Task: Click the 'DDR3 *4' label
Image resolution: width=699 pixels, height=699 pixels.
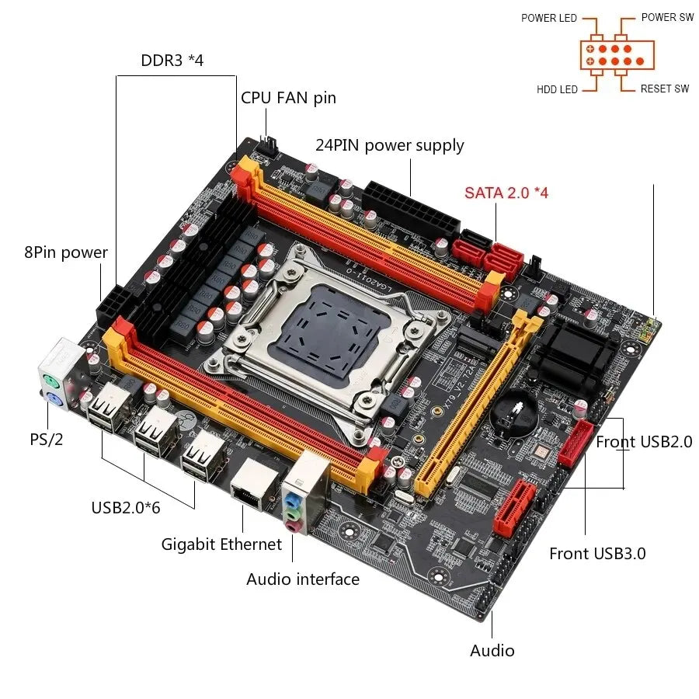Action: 172,61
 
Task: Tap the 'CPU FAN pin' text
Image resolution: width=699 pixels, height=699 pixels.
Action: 288,98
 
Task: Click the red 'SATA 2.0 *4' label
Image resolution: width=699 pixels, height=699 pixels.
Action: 506,192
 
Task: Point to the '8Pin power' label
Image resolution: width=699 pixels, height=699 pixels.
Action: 65,252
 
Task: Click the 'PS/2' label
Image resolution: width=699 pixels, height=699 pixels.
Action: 47,440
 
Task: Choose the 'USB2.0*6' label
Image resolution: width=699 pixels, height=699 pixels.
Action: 126,508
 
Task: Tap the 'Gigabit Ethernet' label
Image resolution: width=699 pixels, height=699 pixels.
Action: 221,544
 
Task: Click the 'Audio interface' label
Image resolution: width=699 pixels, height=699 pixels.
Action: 303,579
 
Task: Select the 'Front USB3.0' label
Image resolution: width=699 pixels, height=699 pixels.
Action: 597,553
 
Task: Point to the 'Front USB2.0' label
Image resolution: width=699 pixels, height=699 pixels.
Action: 644,442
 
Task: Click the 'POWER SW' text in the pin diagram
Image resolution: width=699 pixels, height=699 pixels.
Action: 667,17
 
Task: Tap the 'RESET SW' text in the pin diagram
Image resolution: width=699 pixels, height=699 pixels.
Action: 665,89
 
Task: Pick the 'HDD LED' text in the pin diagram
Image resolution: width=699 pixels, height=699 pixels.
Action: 557,89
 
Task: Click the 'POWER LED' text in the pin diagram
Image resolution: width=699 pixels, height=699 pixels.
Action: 549,18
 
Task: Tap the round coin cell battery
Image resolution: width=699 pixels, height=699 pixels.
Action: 513,418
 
